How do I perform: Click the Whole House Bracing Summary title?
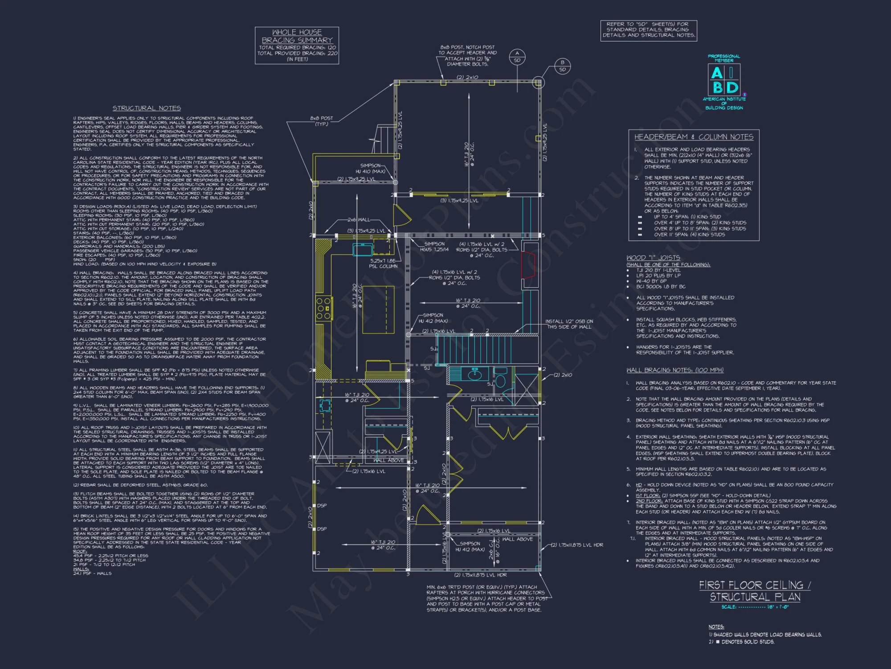click(297, 36)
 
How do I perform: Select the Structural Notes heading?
click(147, 108)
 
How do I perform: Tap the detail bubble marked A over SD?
click(517, 57)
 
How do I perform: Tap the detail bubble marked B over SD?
click(562, 66)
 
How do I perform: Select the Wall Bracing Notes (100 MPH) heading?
click(674, 370)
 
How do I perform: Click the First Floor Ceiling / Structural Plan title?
click(755, 591)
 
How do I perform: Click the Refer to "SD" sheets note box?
click(649, 30)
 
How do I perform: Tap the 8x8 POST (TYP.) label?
click(321, 121)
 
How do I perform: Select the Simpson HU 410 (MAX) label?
click(370, 168)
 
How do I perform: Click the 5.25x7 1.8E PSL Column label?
click(383, 264)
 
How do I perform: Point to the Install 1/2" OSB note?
click(569, 324)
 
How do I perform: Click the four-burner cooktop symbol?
click(324, 308)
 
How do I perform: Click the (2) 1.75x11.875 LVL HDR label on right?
click(577, 545)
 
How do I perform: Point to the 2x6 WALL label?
click(358, 220)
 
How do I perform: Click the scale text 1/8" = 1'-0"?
click(777, 607)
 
